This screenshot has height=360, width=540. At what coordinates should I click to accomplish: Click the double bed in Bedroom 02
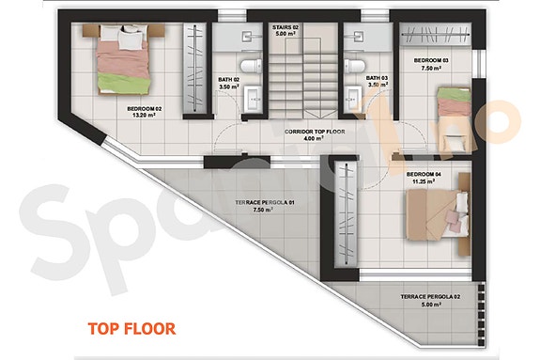tap(123, 58)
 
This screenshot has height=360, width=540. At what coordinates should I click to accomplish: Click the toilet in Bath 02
tap(246, 64)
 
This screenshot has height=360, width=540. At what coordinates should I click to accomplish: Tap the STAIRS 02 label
tap(285, 28)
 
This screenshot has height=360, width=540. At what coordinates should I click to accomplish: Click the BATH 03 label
tap(377, 78)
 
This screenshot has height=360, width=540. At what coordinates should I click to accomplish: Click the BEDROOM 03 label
tap(432, 59)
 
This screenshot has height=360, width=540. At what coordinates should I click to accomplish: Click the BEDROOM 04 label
tap(425, 175)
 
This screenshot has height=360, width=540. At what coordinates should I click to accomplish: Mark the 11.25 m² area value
tap(425, 182)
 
